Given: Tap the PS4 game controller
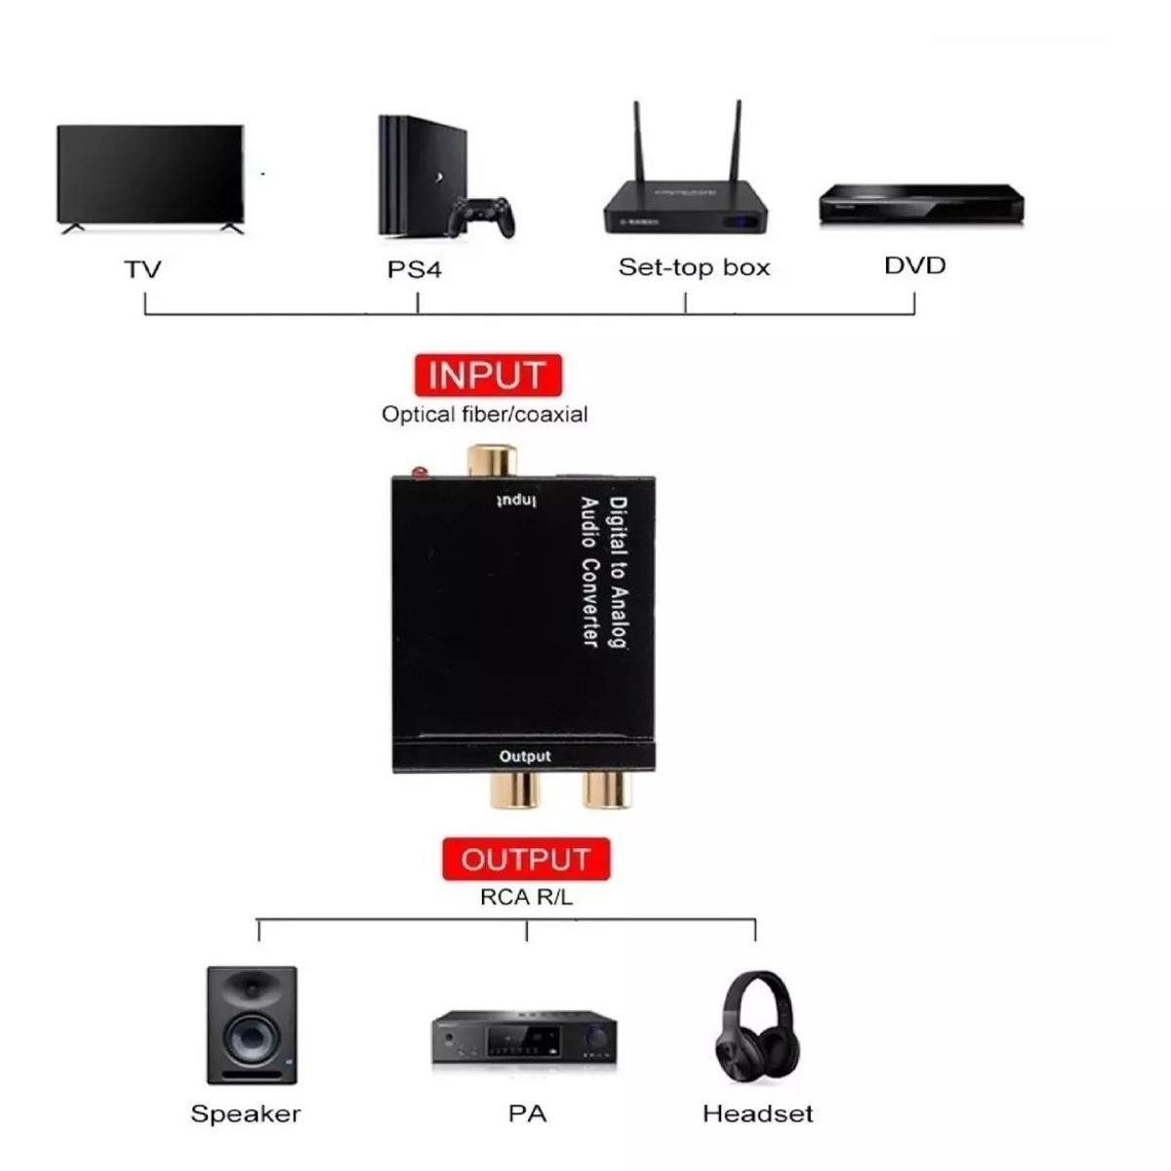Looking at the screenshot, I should (x=481, y=220).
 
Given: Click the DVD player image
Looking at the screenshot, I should (x=921, y=203).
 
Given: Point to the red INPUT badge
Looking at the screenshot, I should (x=487, y=375).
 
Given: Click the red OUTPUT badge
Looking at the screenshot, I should (x=526, y=859).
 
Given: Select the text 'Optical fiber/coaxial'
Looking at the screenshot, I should (x=485, y=415).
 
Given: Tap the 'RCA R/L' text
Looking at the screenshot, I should (x=526, y=897).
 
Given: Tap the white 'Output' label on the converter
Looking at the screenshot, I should (x=525, y=756).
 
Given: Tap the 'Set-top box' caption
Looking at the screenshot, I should (x=694, y=267).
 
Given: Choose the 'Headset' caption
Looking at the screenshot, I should (x=757, y=1114).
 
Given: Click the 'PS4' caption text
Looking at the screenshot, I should (x=415, y=269).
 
